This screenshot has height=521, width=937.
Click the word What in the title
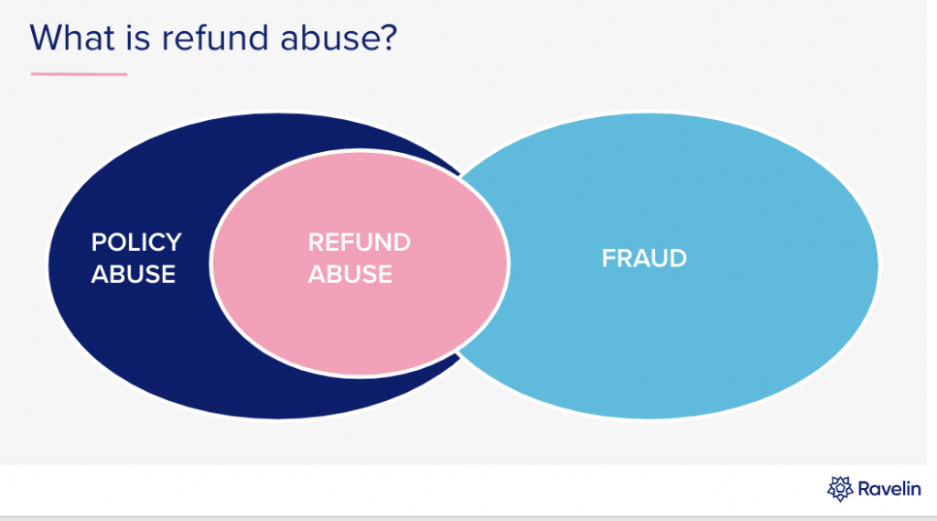71,38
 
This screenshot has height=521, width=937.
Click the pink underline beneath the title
79,74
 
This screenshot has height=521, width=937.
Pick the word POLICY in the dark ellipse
136,243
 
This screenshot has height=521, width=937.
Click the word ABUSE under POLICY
134,274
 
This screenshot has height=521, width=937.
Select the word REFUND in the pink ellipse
359,243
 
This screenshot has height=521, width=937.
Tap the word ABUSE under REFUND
350,274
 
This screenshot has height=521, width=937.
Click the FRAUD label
644,258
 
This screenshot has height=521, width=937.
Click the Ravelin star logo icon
840,489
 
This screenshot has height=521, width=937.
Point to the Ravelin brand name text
889,489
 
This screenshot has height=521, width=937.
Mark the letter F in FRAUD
609,258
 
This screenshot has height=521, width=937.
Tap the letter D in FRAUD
678,258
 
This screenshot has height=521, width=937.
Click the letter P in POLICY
99,243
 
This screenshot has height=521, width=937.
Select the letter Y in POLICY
173,243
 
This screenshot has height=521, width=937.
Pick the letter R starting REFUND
316,243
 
